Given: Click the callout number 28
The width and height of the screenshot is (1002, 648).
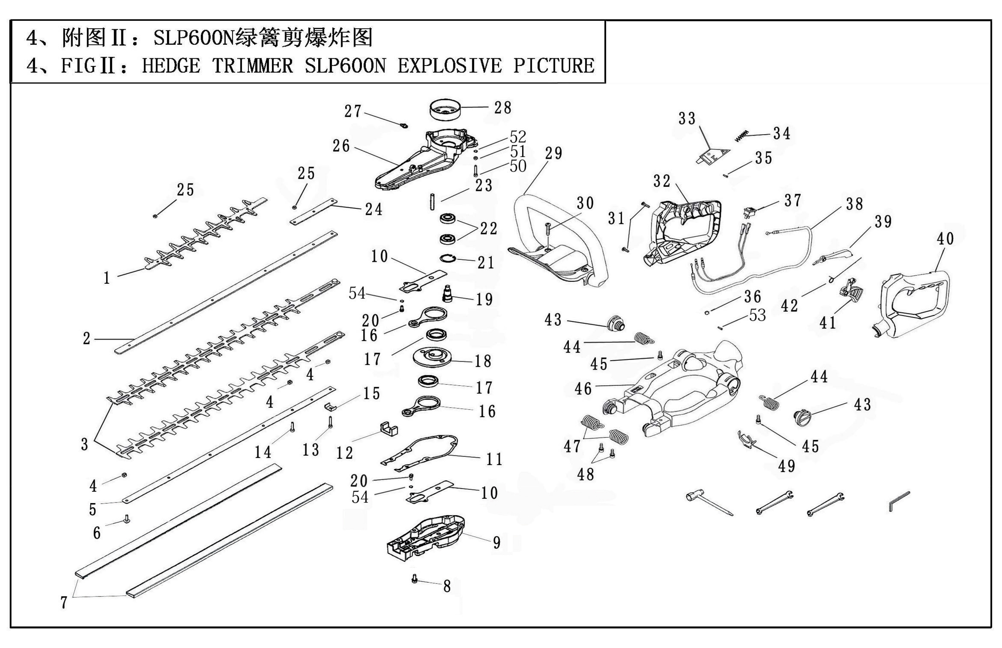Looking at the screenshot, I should point(503,108).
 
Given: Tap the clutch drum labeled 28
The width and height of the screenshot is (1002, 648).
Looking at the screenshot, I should point(445,110).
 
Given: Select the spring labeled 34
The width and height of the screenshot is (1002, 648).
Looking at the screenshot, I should point(743,135).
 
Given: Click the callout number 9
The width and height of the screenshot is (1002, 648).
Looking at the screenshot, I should point(497,543).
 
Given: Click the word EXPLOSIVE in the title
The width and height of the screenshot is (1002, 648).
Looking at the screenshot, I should point(449,66).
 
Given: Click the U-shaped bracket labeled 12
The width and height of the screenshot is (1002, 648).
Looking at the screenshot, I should point(389,429).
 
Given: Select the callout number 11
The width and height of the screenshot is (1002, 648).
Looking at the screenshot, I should point(494,459).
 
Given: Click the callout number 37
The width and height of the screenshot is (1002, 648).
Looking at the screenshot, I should point(793,201).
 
